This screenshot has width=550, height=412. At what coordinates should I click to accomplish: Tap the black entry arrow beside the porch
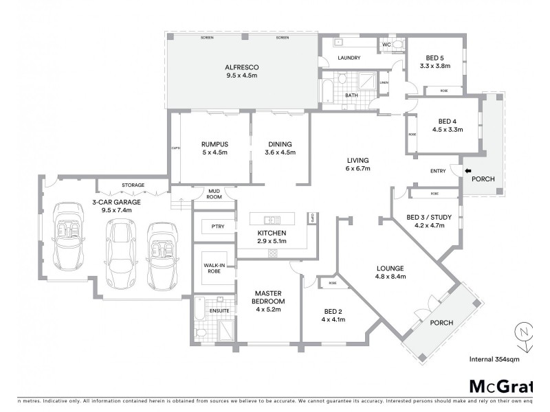pyautogui.click(x=468, y=171)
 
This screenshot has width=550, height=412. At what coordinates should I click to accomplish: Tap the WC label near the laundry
pyautogui.click(x=386, y=45)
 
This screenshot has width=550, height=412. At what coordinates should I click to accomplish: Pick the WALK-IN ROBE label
pyautogui.click(x=211, y=267)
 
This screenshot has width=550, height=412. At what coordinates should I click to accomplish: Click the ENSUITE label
pyautogui.click(x=219, y=311)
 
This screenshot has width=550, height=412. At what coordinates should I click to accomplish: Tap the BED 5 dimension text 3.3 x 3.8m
pyautogui.click(x=434, y=67)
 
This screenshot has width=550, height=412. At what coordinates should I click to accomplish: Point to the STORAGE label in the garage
pyautogui.click(x=133, y=185)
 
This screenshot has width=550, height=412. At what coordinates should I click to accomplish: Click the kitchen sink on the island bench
pyautogui.click(x=272, y=220)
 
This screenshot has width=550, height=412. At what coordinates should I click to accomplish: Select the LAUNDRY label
pyautogui.click(x=349, y=58)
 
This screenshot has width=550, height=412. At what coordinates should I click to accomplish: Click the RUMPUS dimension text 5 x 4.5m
pyautogui.click(x=214, y=152)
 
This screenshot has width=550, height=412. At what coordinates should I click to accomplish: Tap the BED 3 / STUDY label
pyautogui.click(x=429, y=218)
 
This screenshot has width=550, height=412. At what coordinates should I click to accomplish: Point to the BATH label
pyautogui.click(x=351, y=95)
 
